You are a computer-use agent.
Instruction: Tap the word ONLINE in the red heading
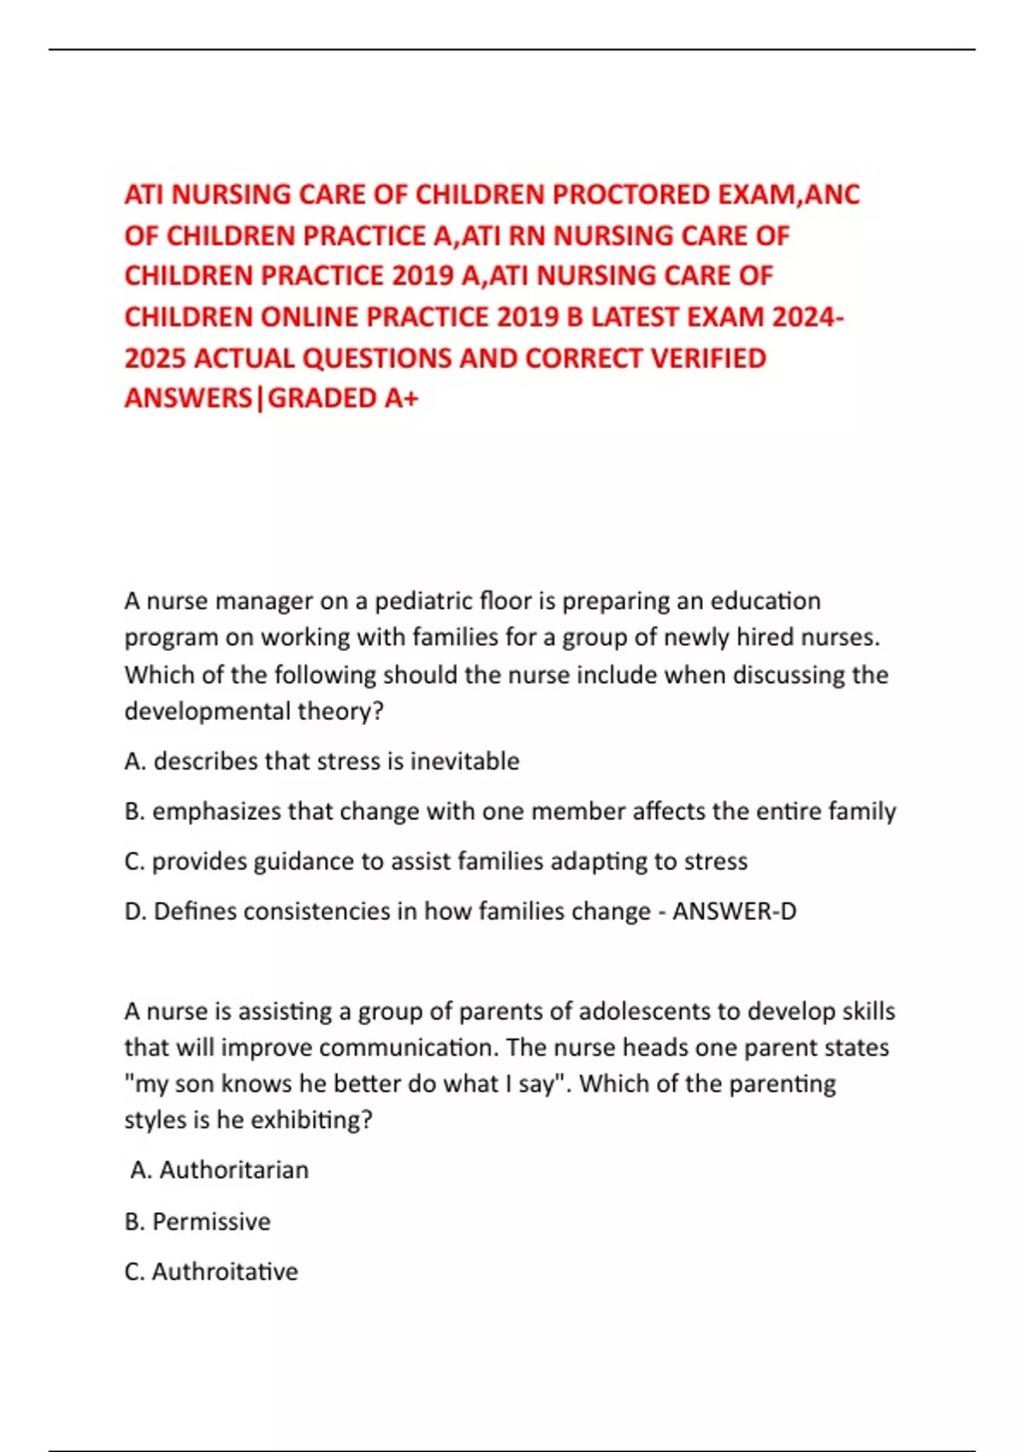(309, 317)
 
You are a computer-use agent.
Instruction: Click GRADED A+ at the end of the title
(343, 398)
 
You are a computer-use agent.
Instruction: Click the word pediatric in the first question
(423, 601)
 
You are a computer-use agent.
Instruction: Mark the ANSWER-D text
(734, 911)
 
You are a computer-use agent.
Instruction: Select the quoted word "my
(147, 1084)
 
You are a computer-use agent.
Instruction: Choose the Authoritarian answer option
(233, 1170)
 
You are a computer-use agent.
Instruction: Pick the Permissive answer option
(211, 1221)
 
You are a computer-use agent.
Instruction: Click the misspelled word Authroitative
(225, 1272)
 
